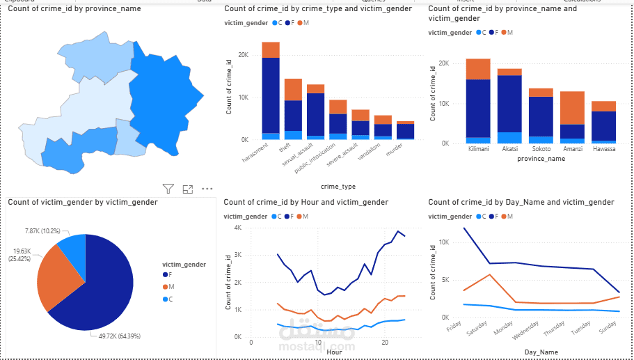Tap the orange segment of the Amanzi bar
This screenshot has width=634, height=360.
573,108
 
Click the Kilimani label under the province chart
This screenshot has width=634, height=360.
478,149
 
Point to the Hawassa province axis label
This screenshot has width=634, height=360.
603,149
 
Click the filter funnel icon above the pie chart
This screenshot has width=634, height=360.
168,189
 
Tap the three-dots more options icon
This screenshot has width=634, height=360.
207,189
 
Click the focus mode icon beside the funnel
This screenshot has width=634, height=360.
187,189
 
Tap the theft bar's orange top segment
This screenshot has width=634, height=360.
293,89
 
